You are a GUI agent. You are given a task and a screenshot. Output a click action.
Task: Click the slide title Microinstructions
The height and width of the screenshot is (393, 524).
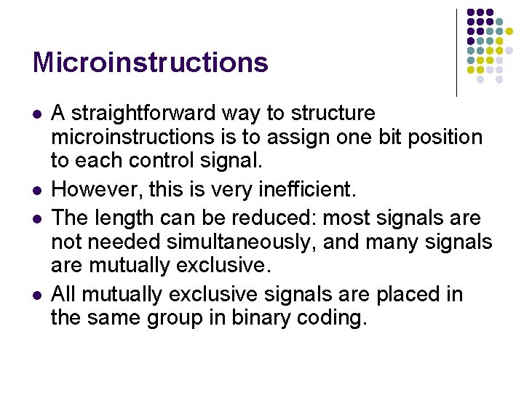coord(150,63)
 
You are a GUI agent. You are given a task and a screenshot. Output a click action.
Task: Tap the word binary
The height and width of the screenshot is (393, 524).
coord(277,319)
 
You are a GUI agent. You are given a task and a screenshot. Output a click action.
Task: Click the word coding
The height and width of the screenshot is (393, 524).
coord(341,319)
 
